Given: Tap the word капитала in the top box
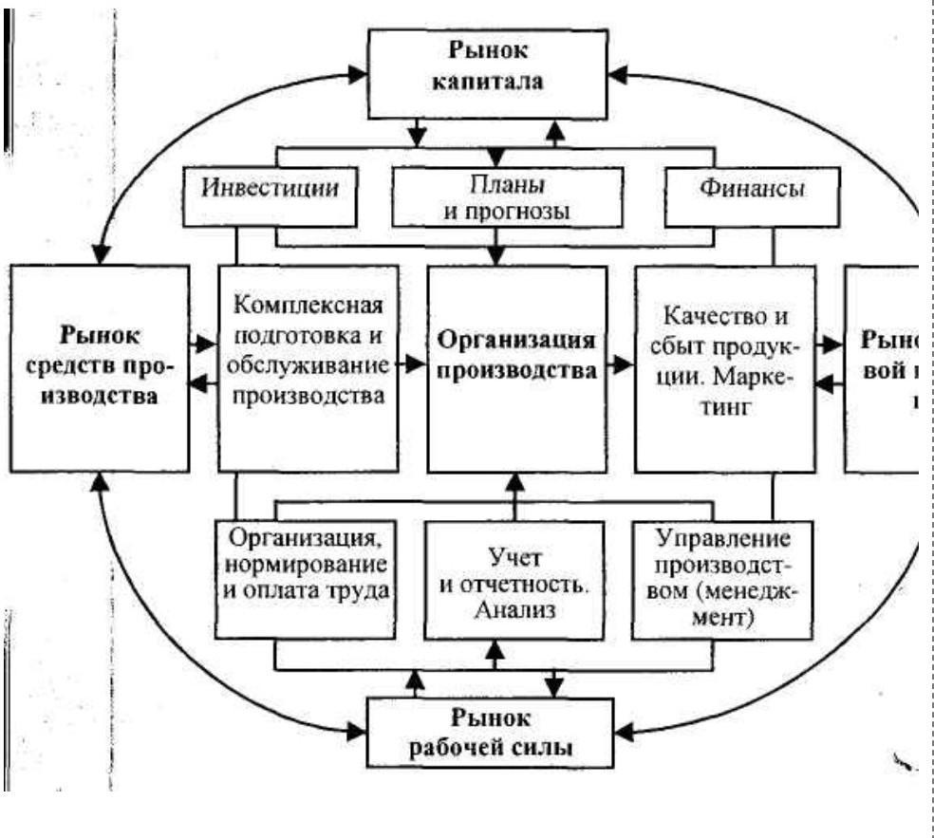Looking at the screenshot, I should pyautogui.click(x=502, y=80).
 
